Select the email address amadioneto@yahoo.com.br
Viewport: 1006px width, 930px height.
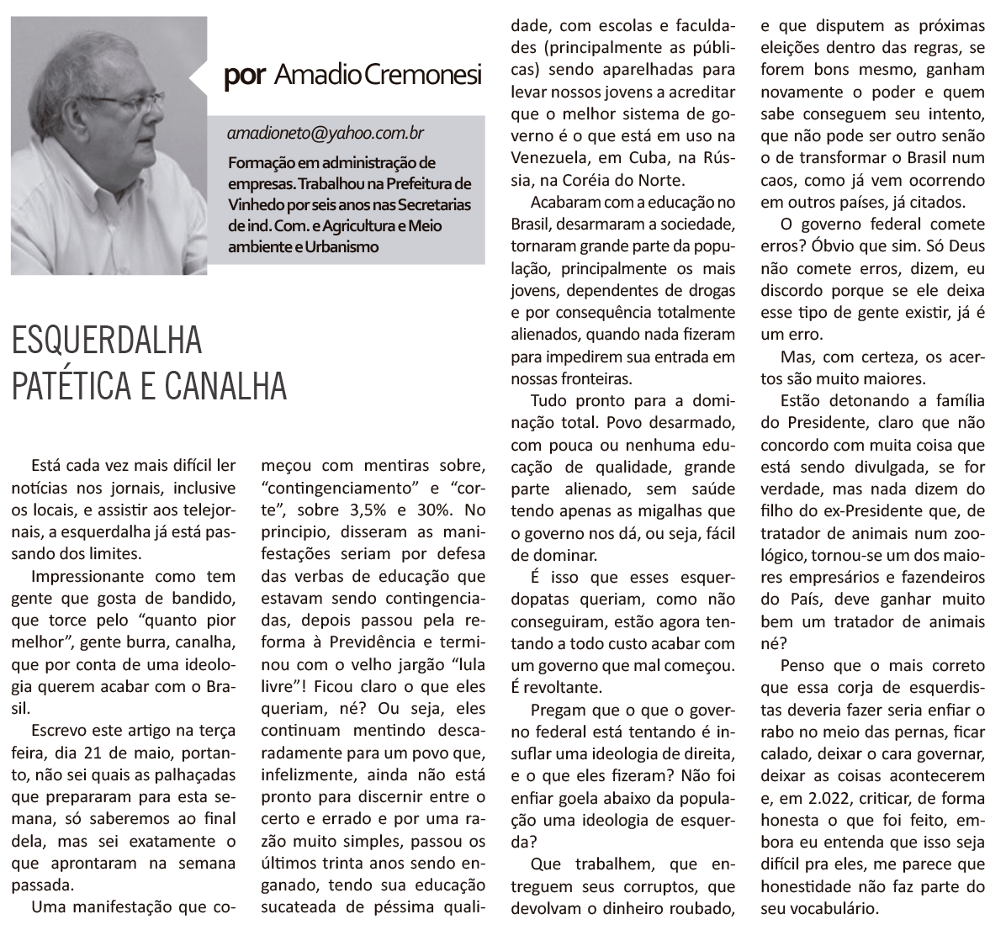[x=325, y=133]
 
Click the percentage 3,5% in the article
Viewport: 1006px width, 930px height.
[x=347, y=510]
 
